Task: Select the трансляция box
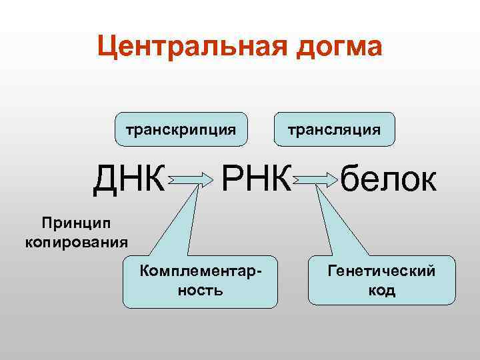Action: click(334, 129)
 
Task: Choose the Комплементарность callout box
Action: click(201, 281)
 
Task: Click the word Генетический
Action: click(381, 271)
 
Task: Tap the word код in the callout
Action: click(381, 291)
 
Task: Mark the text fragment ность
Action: click(201, 291)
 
